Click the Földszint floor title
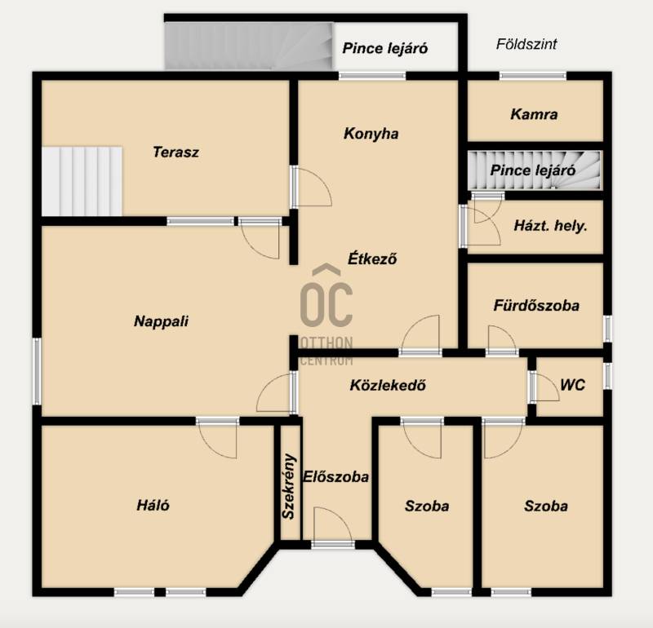tap(526, 45)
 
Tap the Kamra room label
tap(534, 114)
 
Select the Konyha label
tap(371, 134)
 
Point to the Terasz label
tap(175, 152)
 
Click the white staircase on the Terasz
tap(82, 181)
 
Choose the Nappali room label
tap(161, 321)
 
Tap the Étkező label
tap(372, 259)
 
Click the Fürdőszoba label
tap(536, 306)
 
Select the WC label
tap(573, 385)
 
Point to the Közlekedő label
tap(388, 386)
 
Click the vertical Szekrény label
tap(288, 486)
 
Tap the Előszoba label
tap(335, 477)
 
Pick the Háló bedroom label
tap(153, 506)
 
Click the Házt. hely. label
tap(550, 226)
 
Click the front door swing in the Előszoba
tap(333, 525)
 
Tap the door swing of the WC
tap(546, 387)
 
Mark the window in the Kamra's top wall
tap(533, 76)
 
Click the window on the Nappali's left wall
tap(37, 371)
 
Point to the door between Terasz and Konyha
tap(311, 187)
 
